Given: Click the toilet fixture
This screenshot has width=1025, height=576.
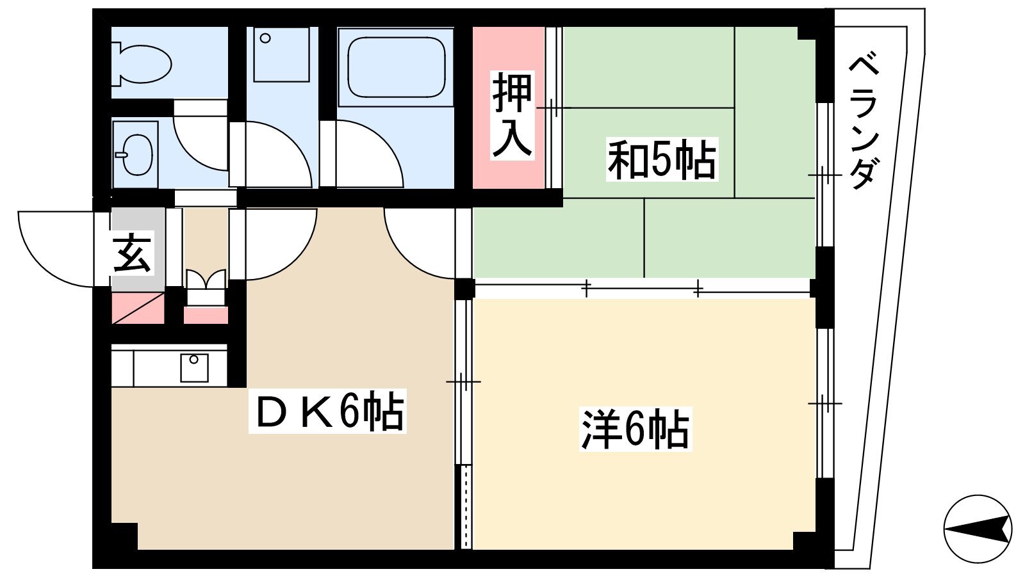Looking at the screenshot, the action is point(141,63).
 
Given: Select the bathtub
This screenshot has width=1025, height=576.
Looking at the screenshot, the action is point(396,67).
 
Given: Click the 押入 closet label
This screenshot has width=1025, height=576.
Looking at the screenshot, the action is point(512,115).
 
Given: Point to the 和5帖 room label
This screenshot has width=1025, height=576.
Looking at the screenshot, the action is point(662,159).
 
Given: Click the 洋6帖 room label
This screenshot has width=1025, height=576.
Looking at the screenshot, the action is point(635,429).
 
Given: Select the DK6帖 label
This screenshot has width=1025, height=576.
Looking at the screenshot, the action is point(327,410).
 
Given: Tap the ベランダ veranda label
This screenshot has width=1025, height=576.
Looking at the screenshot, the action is point(864,122).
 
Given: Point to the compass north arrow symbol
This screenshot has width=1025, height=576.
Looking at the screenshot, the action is point(978,529).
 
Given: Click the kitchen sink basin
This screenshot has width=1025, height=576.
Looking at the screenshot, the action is point(194,368).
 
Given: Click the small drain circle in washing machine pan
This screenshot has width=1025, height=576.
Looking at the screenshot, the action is point(265,38).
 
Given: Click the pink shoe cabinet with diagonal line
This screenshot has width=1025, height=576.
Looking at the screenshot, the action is point(138,308).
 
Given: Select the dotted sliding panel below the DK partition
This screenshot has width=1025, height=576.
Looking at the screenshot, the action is point(466,506).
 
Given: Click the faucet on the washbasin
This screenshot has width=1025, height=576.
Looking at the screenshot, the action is point(121,155).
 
